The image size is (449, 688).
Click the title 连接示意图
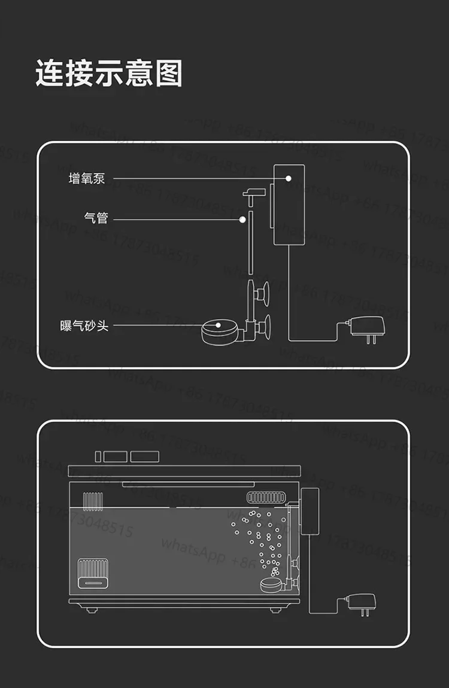click(x=108, y=74)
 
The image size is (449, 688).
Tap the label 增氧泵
click(x=87, y=178)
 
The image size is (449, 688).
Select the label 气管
click(x=96, y=219)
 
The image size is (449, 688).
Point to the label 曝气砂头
click(x=84, y=326)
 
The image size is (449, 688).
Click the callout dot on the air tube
click(x=242, y=220)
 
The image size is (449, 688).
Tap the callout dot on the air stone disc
click(x=219, y=326)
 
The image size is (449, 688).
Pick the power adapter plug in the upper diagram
click(x=366, y=328)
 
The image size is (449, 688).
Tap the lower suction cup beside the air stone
click(x=263, y=327)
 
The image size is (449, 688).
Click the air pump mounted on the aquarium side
click(x=310, y=512)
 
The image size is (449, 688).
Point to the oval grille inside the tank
click(x=264, y=497)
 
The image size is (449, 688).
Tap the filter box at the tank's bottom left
click(x=92, y=571)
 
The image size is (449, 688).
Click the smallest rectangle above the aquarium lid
click(x=98, y=456)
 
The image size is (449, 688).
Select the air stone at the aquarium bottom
click(x=272, y=585)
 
